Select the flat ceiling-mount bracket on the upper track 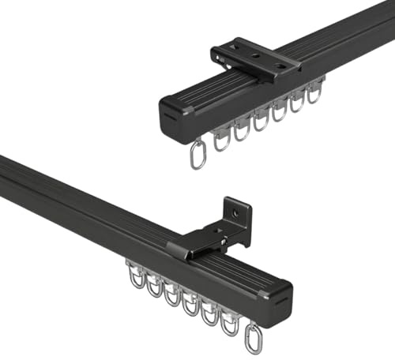point(253,59)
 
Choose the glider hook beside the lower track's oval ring point(231,320)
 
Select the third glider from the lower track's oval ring point(191,305)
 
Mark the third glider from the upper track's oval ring point(261,120)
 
